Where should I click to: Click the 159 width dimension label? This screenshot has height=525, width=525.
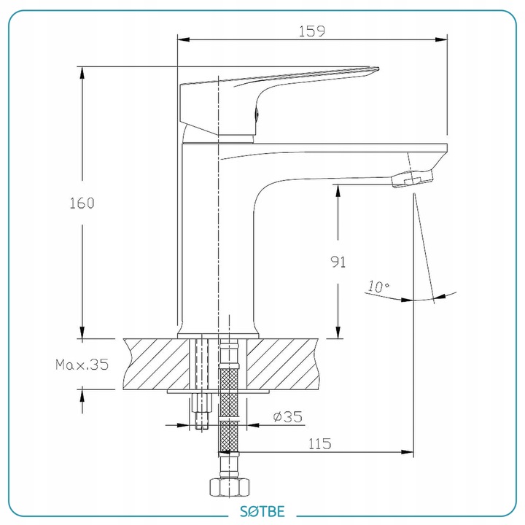click(x=311, y=31)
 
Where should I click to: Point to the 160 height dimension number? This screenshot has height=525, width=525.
click(x=82, y=203)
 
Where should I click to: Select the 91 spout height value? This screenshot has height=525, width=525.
click(x=338, y=262)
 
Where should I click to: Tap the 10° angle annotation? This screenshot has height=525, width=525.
click(x=378, y=287)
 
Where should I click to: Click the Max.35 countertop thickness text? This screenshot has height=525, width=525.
click(x=82, y=365)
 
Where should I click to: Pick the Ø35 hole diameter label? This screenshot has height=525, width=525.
click(x=287, y=417)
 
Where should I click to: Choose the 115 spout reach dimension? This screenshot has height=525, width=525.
click(x=319, y=443)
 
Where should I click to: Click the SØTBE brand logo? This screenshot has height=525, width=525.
click(x=262, y=511)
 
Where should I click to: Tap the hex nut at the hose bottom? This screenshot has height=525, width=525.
click(x=230, y=487)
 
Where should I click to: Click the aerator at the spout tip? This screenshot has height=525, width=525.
click(x=412, y=179)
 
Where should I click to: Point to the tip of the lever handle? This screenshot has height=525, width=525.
click(x=378, y=69)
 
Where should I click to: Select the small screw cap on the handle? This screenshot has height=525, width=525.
click(x=257, y=114)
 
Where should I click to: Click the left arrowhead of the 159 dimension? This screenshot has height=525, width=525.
click(x=184, y=39)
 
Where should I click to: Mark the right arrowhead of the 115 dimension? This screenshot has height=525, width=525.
click(x=408, y=452)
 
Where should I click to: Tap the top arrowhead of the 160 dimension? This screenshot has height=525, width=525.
click(x=82, y=73)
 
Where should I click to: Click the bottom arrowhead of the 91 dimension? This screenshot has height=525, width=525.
click(x=338, y=332)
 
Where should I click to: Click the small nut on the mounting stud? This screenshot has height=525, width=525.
click(x=202, y=403)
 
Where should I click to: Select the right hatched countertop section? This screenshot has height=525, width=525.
click(x=282, y=365)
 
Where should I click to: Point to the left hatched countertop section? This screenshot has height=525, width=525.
click(x=156, y=365)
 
